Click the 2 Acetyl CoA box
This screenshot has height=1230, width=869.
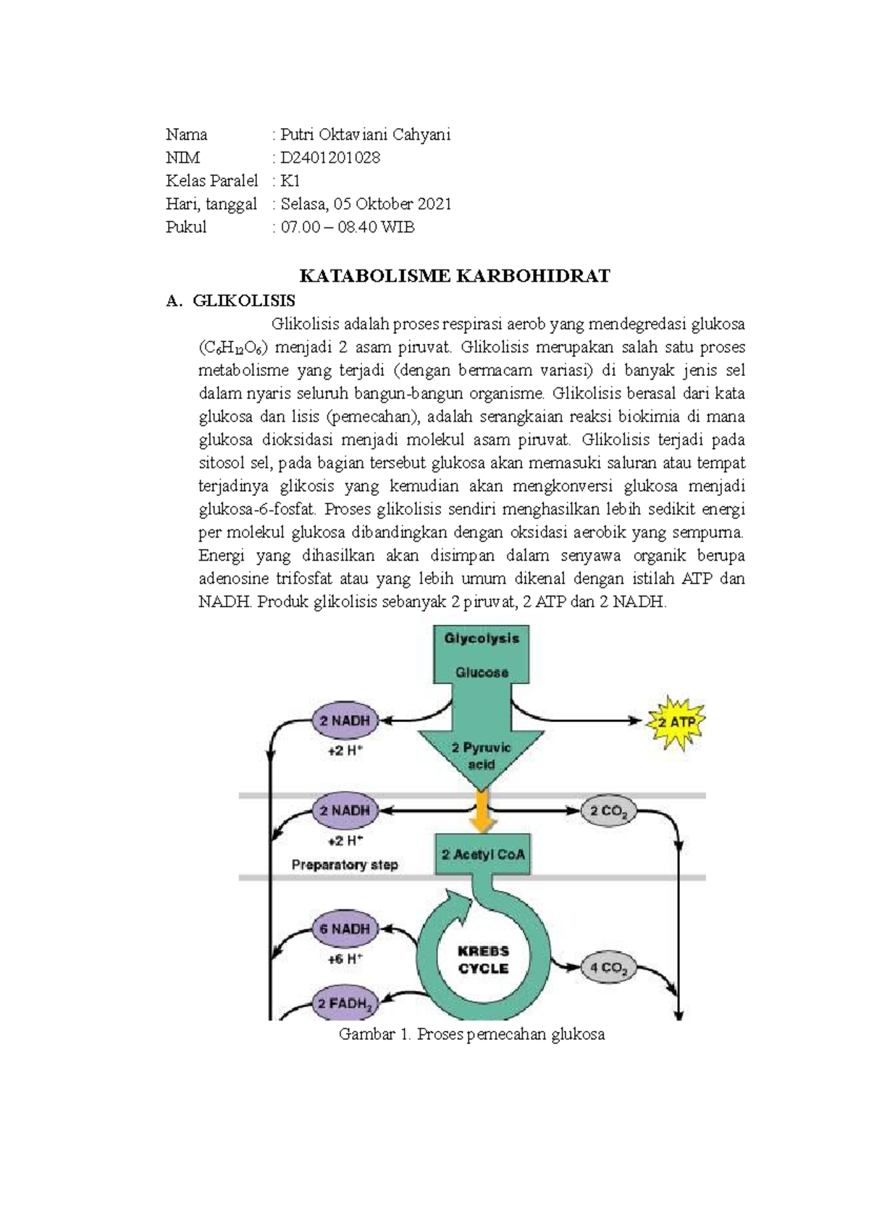click(x=483, y=855)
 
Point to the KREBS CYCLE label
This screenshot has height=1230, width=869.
click(x=483, y=959)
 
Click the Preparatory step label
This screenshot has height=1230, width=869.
click(x=345, y=864)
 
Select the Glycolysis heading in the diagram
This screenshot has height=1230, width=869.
click(x=482, y=638)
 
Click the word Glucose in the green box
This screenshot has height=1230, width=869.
click(x=482, y=672)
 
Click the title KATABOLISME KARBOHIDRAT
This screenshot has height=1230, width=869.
click(x=455, y=275)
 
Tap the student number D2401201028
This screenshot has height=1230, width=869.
click(x=330, y=157)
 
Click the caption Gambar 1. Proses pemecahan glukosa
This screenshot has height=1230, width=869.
click(x=471, y=1034)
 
